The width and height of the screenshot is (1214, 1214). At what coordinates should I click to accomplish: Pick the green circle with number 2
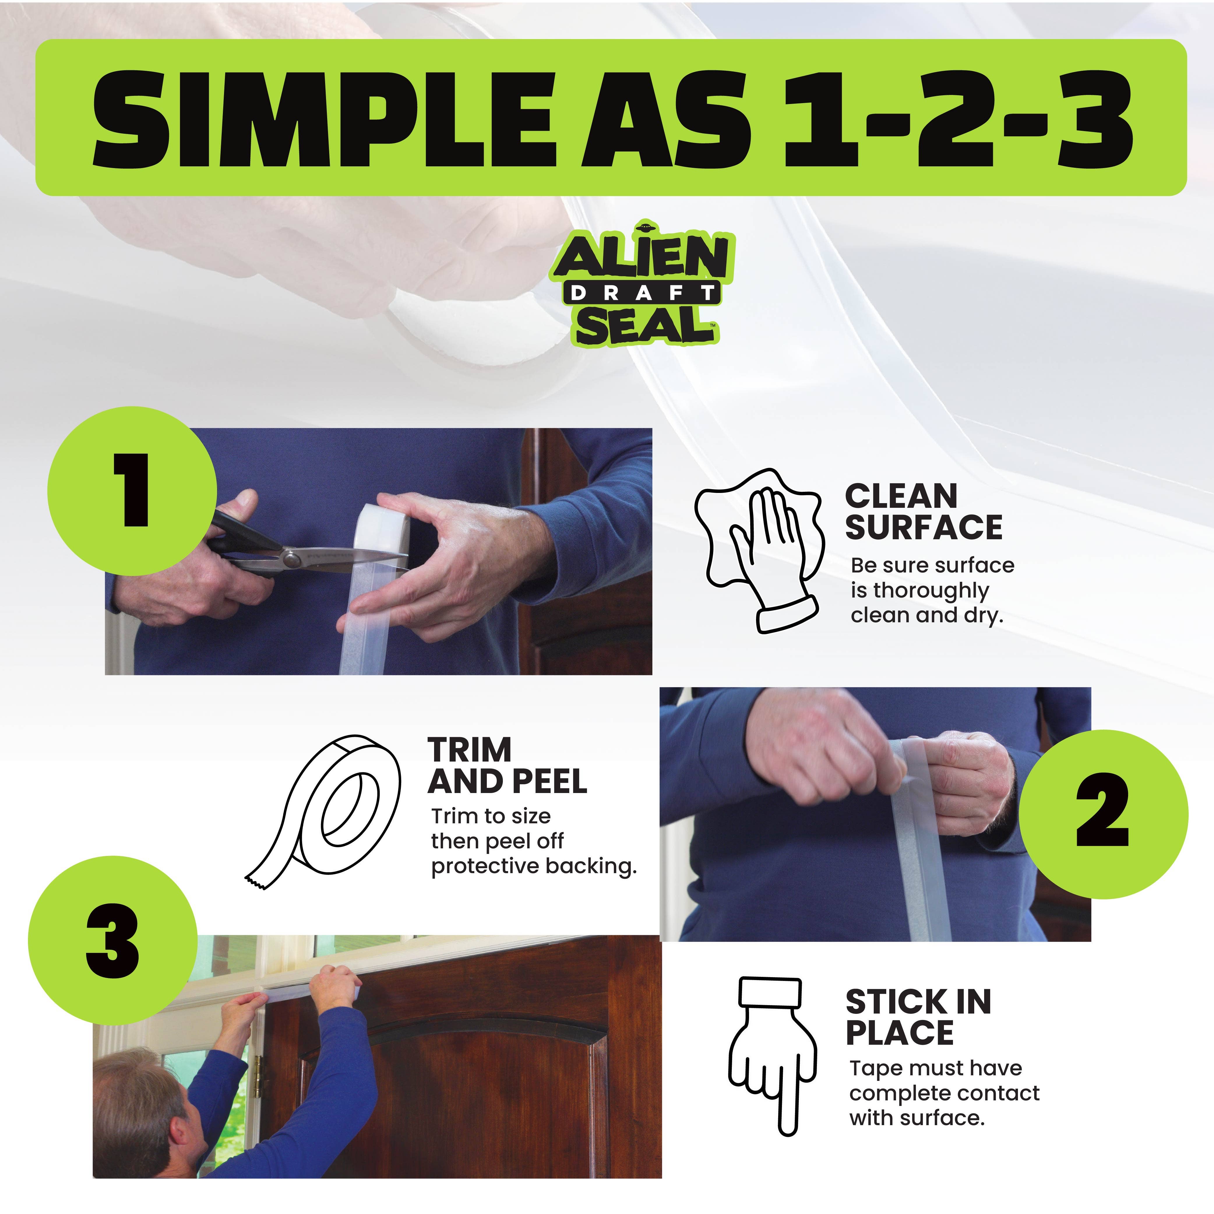1103,814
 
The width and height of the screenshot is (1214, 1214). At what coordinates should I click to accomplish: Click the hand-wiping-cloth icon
757,550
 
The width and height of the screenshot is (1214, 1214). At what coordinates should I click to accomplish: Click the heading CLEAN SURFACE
923,512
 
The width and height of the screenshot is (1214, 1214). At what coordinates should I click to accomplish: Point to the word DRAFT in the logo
642,293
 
